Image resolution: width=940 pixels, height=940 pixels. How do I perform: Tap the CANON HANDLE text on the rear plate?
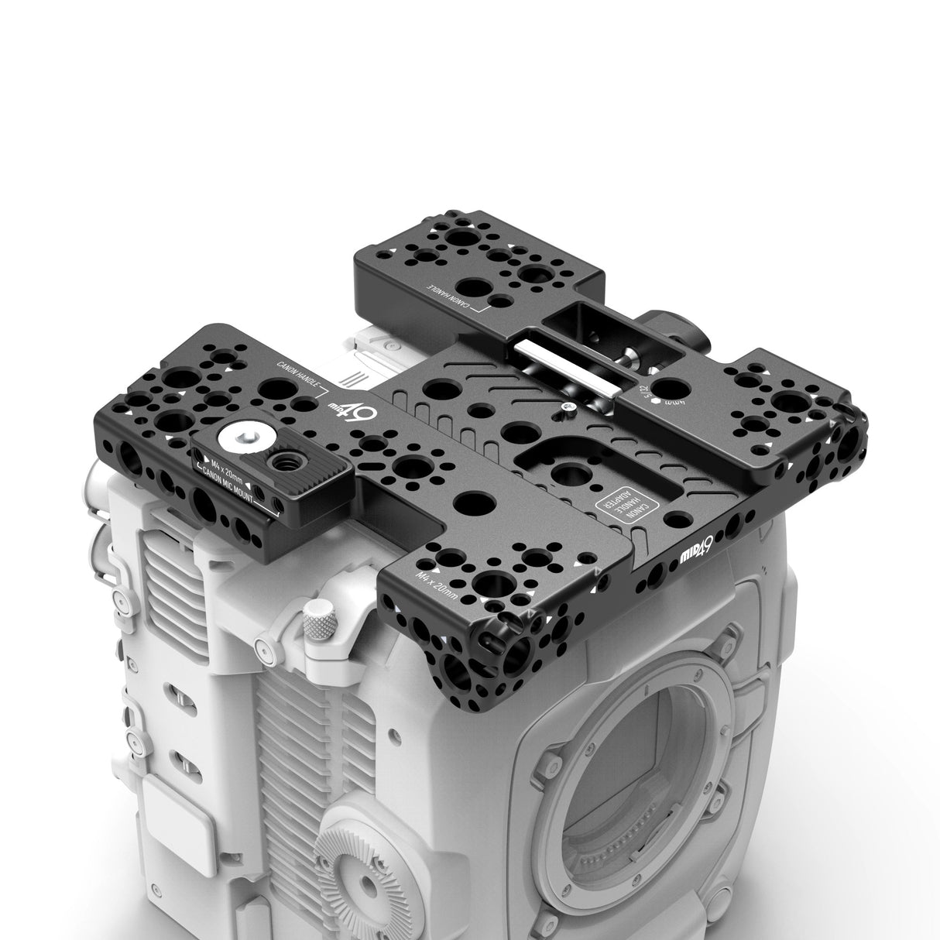(x=453, y=297)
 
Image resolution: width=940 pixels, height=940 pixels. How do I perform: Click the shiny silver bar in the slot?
(x=567, y=371)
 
